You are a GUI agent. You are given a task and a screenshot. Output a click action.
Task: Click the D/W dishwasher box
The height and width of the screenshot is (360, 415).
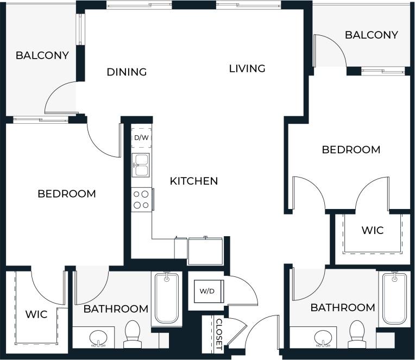coord(141,138)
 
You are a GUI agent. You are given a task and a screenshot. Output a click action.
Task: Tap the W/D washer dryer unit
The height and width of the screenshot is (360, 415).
coord(207,291)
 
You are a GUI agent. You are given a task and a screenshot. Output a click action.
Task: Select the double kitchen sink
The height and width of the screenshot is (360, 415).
coord(141,165)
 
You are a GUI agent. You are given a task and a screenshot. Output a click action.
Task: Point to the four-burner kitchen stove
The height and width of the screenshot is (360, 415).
coord(142,199)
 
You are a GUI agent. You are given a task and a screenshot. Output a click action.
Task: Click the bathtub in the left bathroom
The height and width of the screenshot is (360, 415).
coord(167,298)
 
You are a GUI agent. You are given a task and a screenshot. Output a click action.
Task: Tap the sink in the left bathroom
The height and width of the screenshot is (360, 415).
coord(98,338)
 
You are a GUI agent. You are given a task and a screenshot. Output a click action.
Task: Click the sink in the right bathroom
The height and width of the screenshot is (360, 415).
coord(324,338)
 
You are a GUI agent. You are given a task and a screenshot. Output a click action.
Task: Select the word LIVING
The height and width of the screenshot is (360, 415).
coord(247,68)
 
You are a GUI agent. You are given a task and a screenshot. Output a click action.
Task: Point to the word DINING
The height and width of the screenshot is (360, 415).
coord(127,72)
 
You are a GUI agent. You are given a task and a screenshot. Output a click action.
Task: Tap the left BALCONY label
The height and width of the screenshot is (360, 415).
coord(42,55)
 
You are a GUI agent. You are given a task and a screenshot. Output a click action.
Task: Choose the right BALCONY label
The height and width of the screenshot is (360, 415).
coord(372,35)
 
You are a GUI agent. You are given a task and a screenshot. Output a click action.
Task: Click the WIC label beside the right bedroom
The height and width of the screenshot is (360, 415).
coord(373,230)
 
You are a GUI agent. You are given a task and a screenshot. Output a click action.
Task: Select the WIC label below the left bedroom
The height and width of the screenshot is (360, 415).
coord(36,314)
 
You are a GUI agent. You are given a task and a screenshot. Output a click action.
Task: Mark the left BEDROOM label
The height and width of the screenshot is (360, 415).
coord(67,194)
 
